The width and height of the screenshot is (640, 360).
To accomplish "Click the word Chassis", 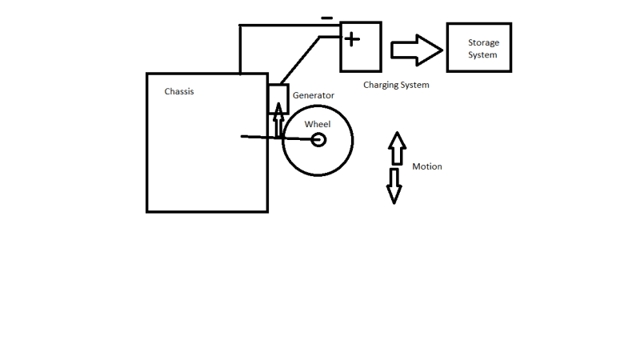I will tap(179, 91).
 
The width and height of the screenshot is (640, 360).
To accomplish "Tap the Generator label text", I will tap(314, 95).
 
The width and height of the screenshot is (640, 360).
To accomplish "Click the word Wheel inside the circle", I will tap(318, 124).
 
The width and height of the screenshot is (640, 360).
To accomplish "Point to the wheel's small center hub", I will tap(318, 140).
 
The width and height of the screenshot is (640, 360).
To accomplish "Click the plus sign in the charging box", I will tap(351, 38).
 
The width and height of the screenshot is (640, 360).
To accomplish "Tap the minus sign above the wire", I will tap(326, 18).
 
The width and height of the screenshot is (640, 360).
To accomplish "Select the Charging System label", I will tap(396, 85).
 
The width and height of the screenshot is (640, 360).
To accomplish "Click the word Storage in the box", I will tap(482, 42).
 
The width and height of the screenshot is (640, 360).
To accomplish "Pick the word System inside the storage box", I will tap(482, 55).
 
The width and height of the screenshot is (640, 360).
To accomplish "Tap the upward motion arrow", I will tap(396, 150).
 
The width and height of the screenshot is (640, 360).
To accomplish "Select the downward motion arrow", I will tap(394, 186).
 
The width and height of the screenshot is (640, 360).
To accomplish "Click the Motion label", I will tap(427, 167).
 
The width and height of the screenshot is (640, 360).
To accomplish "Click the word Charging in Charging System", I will tap(381, 85).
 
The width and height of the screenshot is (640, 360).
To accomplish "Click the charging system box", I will tap(360, 46).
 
